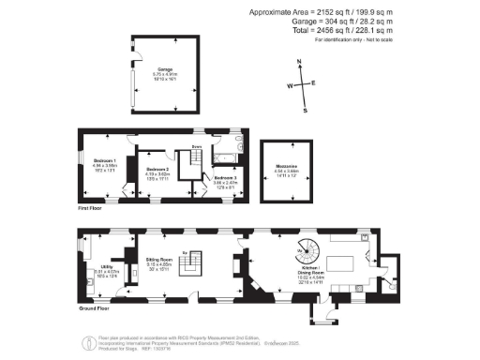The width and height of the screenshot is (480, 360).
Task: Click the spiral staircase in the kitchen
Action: [x=307, y=250]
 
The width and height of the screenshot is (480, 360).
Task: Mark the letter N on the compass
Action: [x=298, y=62]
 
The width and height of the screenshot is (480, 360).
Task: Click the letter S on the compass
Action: [x=306, y=109]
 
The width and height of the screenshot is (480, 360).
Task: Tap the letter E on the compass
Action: [x=313, y=82]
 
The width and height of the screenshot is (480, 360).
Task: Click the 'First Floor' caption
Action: [x=90, y=208]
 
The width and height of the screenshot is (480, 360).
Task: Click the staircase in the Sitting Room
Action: [x=190, y=266]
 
